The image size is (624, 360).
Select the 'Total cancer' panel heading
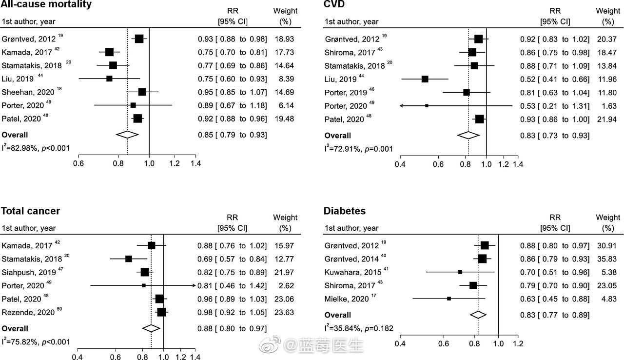pyautogui.click(x=30, y=211)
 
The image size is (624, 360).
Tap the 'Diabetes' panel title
pyautogui.click(x=345, y=211)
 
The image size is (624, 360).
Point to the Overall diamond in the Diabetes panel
pyautogui.click(x=478, y=315)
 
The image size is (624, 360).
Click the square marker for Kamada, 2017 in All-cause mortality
pyautogui.click(x=109, y=52)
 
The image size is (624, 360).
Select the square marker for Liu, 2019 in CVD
pyautogui.click(x=425, y=79)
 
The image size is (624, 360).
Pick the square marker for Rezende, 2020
pyautogui.click(x=161, y=312)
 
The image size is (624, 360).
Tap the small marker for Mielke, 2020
pyautogui.click(x=449, y=299)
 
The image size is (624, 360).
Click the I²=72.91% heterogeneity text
pyautogui.click(x=358, y=148)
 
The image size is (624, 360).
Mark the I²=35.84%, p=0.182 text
pyautogui.click(x=359, y=328)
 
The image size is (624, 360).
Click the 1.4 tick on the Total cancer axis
pyautogui.click(x=195, y=357)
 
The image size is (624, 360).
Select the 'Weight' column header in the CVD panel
pyautogui.click(x=608, y=11)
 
